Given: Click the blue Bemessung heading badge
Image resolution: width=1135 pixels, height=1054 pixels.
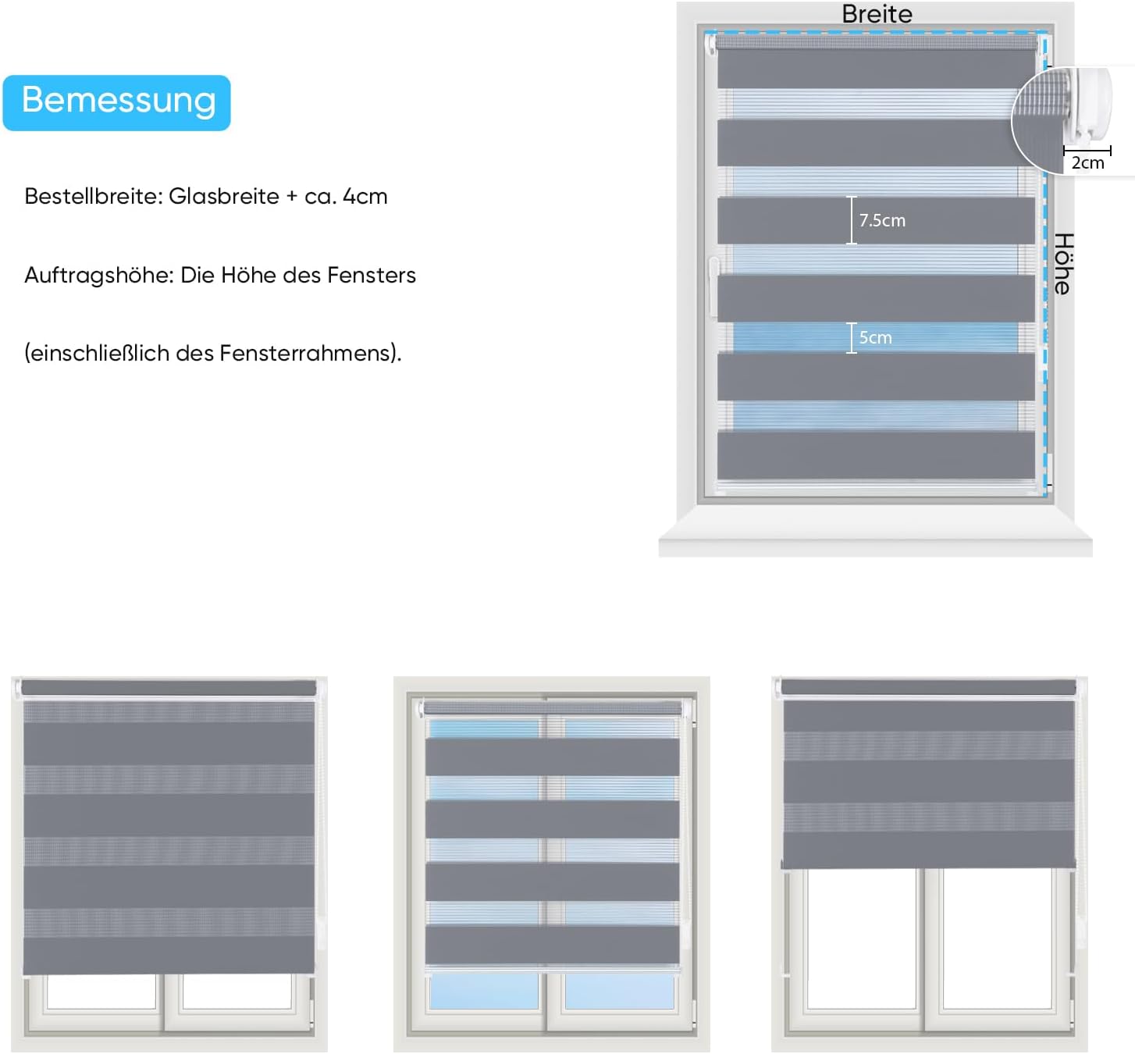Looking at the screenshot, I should (x=117, y=102).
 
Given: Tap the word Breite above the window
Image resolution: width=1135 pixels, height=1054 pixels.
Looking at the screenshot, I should (x=877, y=14).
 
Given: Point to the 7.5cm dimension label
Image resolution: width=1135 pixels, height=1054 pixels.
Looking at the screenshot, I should (x=882, y=221).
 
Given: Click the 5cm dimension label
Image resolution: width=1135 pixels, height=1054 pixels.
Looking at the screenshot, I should (x=875, y=338).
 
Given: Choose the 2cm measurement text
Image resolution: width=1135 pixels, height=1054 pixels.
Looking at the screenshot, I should (x=1087, y=163).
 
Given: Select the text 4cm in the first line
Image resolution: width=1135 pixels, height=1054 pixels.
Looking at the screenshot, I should (x=365, y=197).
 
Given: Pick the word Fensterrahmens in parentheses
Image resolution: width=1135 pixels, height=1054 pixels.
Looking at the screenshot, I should (x=308, y=354).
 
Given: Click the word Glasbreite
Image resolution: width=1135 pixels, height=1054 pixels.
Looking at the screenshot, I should (x=223, y=197).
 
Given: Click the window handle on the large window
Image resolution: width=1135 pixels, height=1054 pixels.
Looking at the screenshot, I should (x=713, y=285).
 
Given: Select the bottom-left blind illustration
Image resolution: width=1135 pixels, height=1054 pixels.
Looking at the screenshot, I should (x=169, y=863).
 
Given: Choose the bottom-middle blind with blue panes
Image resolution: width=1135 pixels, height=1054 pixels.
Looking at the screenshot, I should (x=552, y=863).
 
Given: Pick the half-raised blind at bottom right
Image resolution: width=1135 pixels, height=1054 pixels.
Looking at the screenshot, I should (x=929, y=863).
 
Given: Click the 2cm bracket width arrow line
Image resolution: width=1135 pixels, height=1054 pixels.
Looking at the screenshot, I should (x=1087, y=150).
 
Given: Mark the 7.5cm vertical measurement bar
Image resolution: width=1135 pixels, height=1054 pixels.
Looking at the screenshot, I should (x=852, y=220).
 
